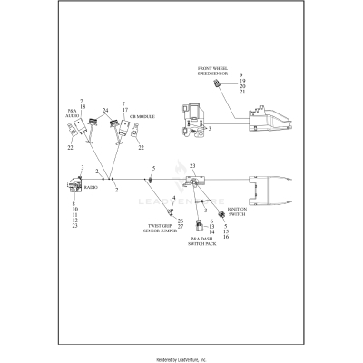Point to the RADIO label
[91, 187]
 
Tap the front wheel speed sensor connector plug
[218, 84]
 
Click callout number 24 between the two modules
[106, 111]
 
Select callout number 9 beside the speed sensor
[241, 72]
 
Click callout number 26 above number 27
[181, 221]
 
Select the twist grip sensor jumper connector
[162, 210]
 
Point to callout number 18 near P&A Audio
[82, 107]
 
